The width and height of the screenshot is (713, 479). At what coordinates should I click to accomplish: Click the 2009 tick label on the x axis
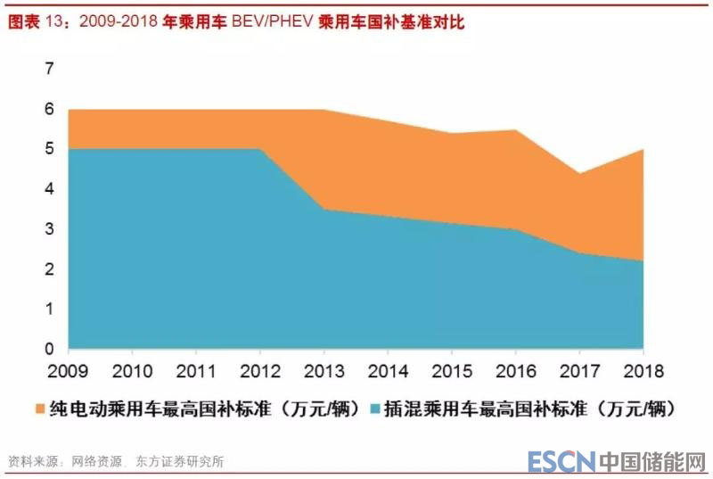(68, 370)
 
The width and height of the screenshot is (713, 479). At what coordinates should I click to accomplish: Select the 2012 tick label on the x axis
(259, 370)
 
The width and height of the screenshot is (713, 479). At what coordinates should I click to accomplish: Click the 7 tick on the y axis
(50, 70)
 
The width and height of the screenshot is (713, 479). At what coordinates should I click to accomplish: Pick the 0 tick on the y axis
(50, 349)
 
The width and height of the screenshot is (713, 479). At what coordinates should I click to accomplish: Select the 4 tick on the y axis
(50, 189)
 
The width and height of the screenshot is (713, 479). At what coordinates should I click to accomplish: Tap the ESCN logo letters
(560, 461)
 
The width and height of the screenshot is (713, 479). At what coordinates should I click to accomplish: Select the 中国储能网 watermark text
(652, 461)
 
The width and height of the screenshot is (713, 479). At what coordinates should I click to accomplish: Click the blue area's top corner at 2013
(323, 210)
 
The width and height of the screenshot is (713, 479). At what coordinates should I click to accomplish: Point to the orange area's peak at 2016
(515, 130)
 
